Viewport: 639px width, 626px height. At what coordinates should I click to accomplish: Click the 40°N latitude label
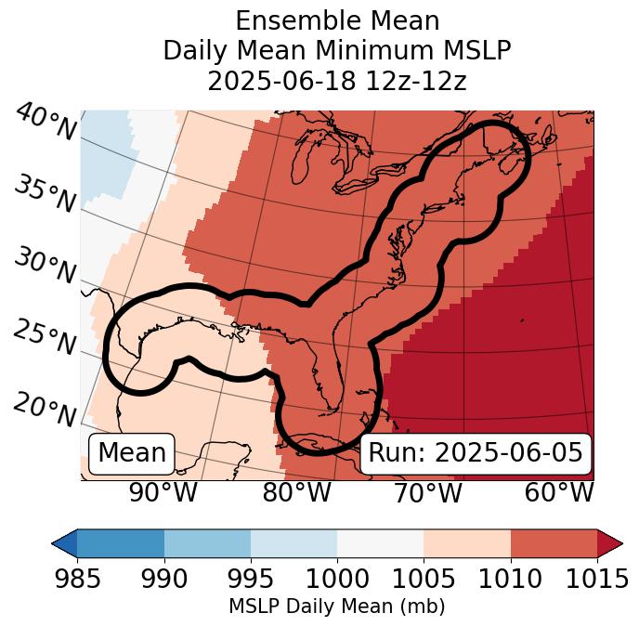point(46,123)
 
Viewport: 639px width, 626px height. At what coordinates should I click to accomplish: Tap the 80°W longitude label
point(297,492)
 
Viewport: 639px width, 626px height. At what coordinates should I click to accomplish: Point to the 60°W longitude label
point(559,492)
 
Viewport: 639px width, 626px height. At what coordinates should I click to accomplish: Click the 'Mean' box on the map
point(132,453)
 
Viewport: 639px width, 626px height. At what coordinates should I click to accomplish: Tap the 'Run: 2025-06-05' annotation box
point(476,453)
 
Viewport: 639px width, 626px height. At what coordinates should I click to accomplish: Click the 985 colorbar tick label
point(77,580)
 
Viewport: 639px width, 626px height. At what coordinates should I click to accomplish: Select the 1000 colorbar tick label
point(337,580)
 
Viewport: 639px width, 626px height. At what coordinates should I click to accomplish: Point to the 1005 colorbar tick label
point(424,580)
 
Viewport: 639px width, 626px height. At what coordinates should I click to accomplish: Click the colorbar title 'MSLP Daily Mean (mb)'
point(336,607)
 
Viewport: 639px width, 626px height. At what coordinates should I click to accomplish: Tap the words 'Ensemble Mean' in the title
point(336,20)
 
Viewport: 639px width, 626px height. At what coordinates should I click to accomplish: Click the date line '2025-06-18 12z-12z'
point(336,81)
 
